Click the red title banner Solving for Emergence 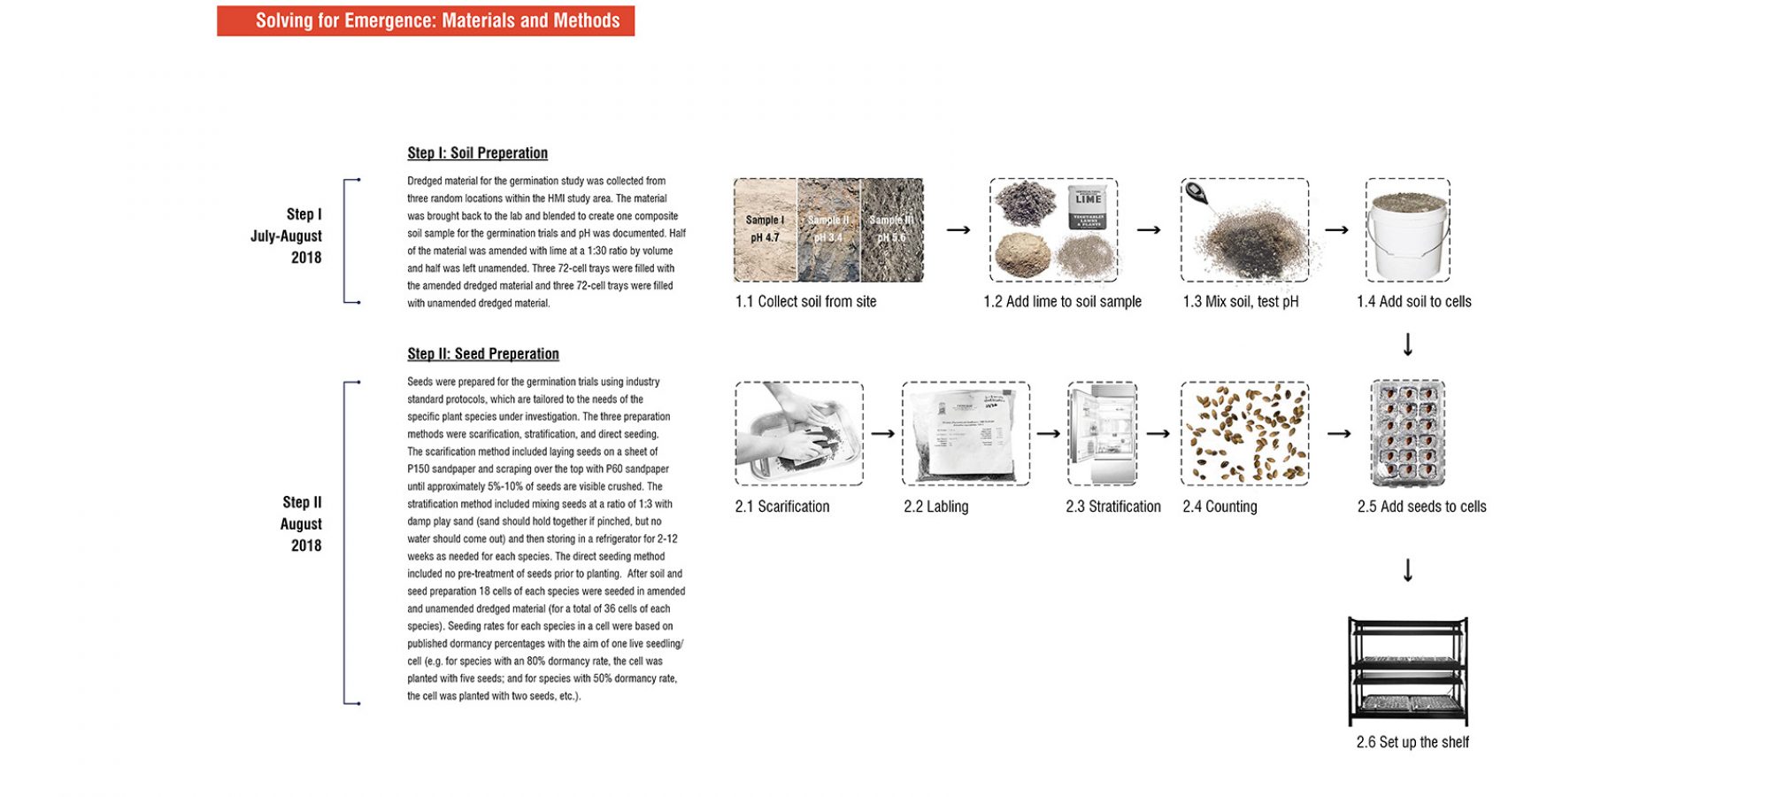pyautogui.click(x=426, y=20)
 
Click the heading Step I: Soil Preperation pyautogui.click(x=477, y=153)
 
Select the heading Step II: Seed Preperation pyautogui.click(x=482, y=354)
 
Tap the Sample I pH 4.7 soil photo pyautogui.click(x=765, y=229)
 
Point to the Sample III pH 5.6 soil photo pyautogui.click(x=891, y=229)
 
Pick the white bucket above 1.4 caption pyautogui.click(x=1407, y=235)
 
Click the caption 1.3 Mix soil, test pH pyautogui.click(x=1240, y=302)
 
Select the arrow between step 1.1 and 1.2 pyautogui.click(x=958, y=230)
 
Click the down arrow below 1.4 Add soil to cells pyautogui.click(x=1407, y=344)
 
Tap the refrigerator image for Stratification pyautogui.click(x=1102, y=434)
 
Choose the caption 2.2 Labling pyautogui.click(x=935, y=507)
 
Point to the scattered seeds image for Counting pyautogui.click(x=1244, y=434)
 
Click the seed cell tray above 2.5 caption pyautogui.click(x=1407, y=434)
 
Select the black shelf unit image pyautogui.click(x=1407, y=671)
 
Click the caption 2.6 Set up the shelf pyautogui.click(x=1412, y=742)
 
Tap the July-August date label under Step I pyautogui.click(x=286, y=236)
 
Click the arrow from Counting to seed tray pyautogui.click(x=1339, y=434)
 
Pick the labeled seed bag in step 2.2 pyautogui.click(x=966, y=434)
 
